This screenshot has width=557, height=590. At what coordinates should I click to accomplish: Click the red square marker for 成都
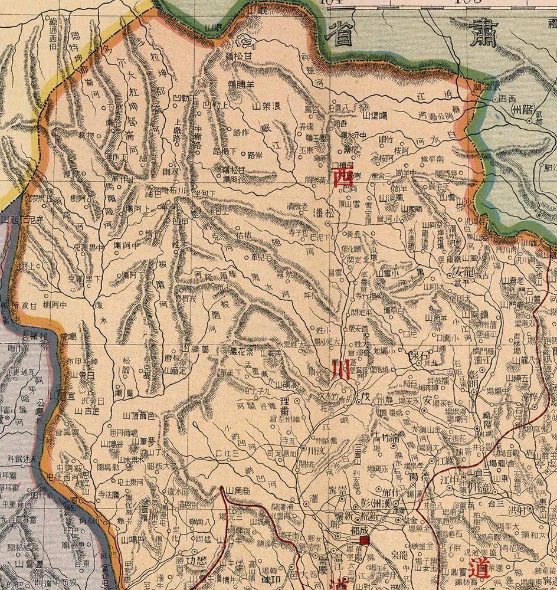[x=364, y=539]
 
